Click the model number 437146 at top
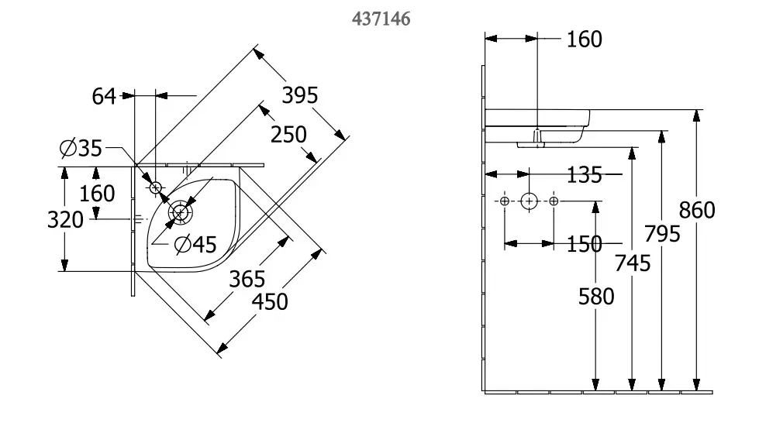click(381, 19)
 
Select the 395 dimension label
click(299, 95)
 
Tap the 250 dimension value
click(288, 135)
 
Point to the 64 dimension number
click(104, 96)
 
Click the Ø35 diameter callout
click(81, 148)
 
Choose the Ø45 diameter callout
click(195, 245)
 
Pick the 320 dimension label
click(65, 220)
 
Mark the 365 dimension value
click(247, 279)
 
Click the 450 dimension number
click(270, 302)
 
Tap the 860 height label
click(696, 210)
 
